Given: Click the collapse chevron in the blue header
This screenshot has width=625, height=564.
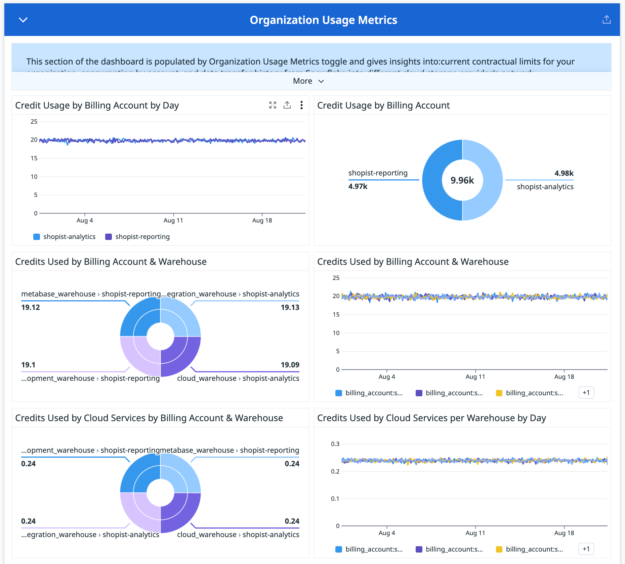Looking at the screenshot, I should [23, 20].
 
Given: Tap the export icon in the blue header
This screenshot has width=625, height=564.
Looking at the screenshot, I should [606, 20].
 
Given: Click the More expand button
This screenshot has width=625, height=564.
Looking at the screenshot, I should [308, 81].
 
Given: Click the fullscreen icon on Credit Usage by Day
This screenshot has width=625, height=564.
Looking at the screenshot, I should [273, 105].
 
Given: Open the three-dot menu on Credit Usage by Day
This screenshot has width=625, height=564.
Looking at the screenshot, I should [301, 105].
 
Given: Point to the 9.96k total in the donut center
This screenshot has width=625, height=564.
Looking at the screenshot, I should [462, 180].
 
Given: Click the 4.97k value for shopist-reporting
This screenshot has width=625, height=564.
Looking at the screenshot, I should [358, 187].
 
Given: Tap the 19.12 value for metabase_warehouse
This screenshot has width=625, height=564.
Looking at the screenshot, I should [31, 307].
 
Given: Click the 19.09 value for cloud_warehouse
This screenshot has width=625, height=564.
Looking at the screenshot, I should [290, 365].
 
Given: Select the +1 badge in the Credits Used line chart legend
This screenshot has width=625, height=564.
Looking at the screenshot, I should [586, 393].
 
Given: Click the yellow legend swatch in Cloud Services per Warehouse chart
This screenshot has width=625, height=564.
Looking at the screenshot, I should [499, 549].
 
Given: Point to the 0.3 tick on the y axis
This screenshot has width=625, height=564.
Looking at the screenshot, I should [335, 444].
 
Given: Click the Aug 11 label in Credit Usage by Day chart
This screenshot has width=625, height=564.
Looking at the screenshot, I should [173, 220].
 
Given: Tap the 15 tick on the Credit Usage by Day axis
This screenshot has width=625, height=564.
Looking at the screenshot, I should [34, 158].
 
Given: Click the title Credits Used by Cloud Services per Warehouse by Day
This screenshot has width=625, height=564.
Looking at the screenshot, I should [431, 418].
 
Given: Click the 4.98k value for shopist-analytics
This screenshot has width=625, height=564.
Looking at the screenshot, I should [564, 173].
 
